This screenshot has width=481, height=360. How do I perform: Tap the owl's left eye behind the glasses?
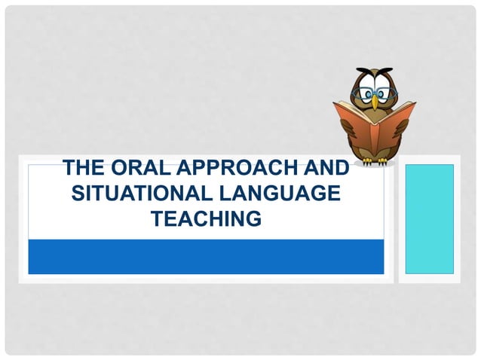pos(364,95)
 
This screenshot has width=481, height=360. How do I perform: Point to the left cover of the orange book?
pos(352,124)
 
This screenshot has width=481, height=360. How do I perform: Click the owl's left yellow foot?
pos(366,160)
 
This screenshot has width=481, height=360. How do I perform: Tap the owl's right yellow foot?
pos(384,160)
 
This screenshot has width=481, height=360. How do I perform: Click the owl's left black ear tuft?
pos(360,73)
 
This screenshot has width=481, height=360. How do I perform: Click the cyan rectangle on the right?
pos(429,218)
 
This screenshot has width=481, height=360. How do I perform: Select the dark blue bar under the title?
pos(206,256)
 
